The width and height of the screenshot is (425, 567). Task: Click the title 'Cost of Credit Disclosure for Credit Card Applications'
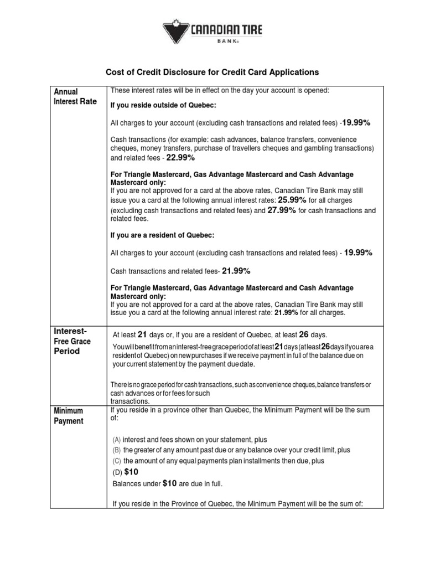tap(212, 72)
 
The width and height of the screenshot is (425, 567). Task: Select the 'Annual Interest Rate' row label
tap(75, 96)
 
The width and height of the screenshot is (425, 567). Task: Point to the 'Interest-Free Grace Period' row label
tap(72, 341)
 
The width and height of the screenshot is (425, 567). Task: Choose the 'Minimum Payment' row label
tap(69, 416)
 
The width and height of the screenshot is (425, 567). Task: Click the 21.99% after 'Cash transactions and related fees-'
tap(236, 271)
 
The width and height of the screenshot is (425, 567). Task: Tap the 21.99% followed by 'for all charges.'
tap(286, 313)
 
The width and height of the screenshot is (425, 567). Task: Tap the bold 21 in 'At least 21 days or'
tap(142, 334)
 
